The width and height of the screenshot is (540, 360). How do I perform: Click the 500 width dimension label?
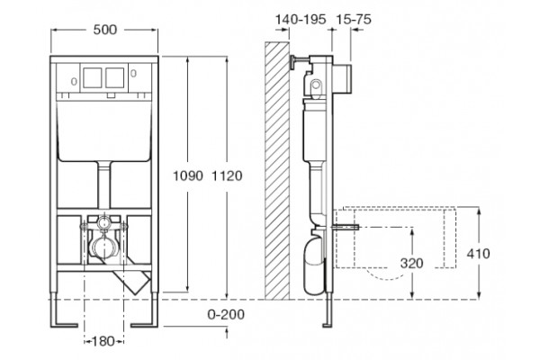coord(105,30)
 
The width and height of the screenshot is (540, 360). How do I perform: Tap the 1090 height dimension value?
coord(188,175)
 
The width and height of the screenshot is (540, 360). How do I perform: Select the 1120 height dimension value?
coord(227,175)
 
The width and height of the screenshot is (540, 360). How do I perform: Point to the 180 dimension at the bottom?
coord(103,341)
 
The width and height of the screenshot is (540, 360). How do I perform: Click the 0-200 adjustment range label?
coord(226,314)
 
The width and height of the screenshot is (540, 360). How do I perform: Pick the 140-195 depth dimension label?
coord(301,19)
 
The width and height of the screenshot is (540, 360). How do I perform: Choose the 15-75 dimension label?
coord(354,19)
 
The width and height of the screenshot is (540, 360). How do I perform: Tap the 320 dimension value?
coord(411,263)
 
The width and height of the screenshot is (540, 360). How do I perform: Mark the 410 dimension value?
coord(478,254)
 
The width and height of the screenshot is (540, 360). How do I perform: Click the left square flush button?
coord(93,77)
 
